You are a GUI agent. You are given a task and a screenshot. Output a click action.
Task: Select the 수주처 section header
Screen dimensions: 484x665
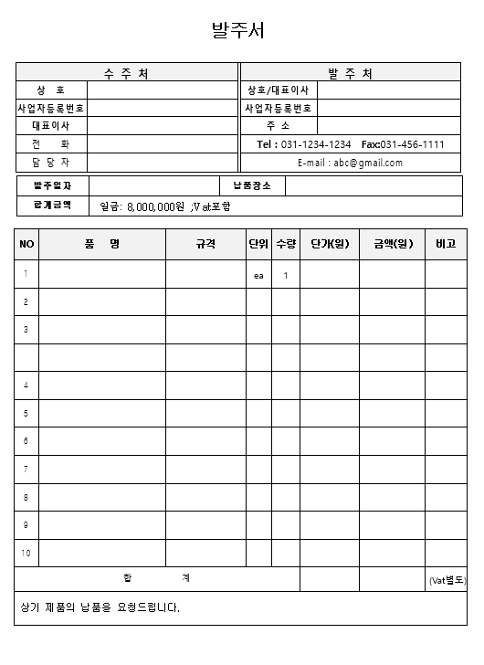127,73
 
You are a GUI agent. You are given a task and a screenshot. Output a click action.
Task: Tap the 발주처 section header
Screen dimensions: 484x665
350,73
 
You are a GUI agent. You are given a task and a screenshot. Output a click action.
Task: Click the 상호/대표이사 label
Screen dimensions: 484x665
279,90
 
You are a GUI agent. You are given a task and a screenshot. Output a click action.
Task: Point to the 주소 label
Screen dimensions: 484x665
279,126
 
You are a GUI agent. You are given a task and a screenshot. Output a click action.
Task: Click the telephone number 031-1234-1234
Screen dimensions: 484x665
316,144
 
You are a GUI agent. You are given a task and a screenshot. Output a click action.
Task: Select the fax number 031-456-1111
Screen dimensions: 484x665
413,144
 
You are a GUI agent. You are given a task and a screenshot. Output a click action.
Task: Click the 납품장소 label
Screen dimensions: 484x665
253,186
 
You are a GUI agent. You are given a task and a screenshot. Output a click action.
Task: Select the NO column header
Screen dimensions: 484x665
26,244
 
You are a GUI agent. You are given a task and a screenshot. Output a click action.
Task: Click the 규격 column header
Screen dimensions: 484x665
205,244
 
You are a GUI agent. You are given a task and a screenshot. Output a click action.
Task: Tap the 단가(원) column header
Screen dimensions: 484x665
330,244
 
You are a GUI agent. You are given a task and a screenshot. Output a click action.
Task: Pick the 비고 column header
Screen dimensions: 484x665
446,244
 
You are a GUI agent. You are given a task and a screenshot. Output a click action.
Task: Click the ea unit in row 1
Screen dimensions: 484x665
258,275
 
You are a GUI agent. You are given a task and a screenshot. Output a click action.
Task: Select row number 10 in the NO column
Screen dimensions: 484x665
26,554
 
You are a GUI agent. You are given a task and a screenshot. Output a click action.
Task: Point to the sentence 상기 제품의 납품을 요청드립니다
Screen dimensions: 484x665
100,607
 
